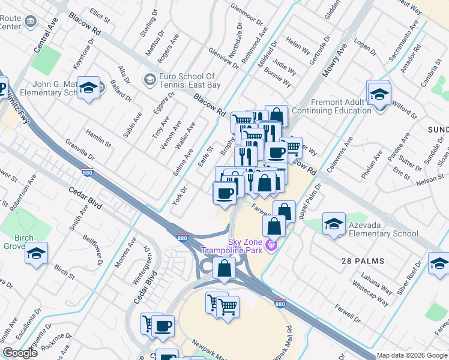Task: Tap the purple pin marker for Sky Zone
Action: [x=271, y=245]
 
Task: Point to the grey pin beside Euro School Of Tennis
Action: [x=149, y=79]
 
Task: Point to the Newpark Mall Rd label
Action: [x=289, y=342]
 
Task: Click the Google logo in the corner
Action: [x=20, y=353]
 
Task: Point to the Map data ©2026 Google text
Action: [x=412, y=355]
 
